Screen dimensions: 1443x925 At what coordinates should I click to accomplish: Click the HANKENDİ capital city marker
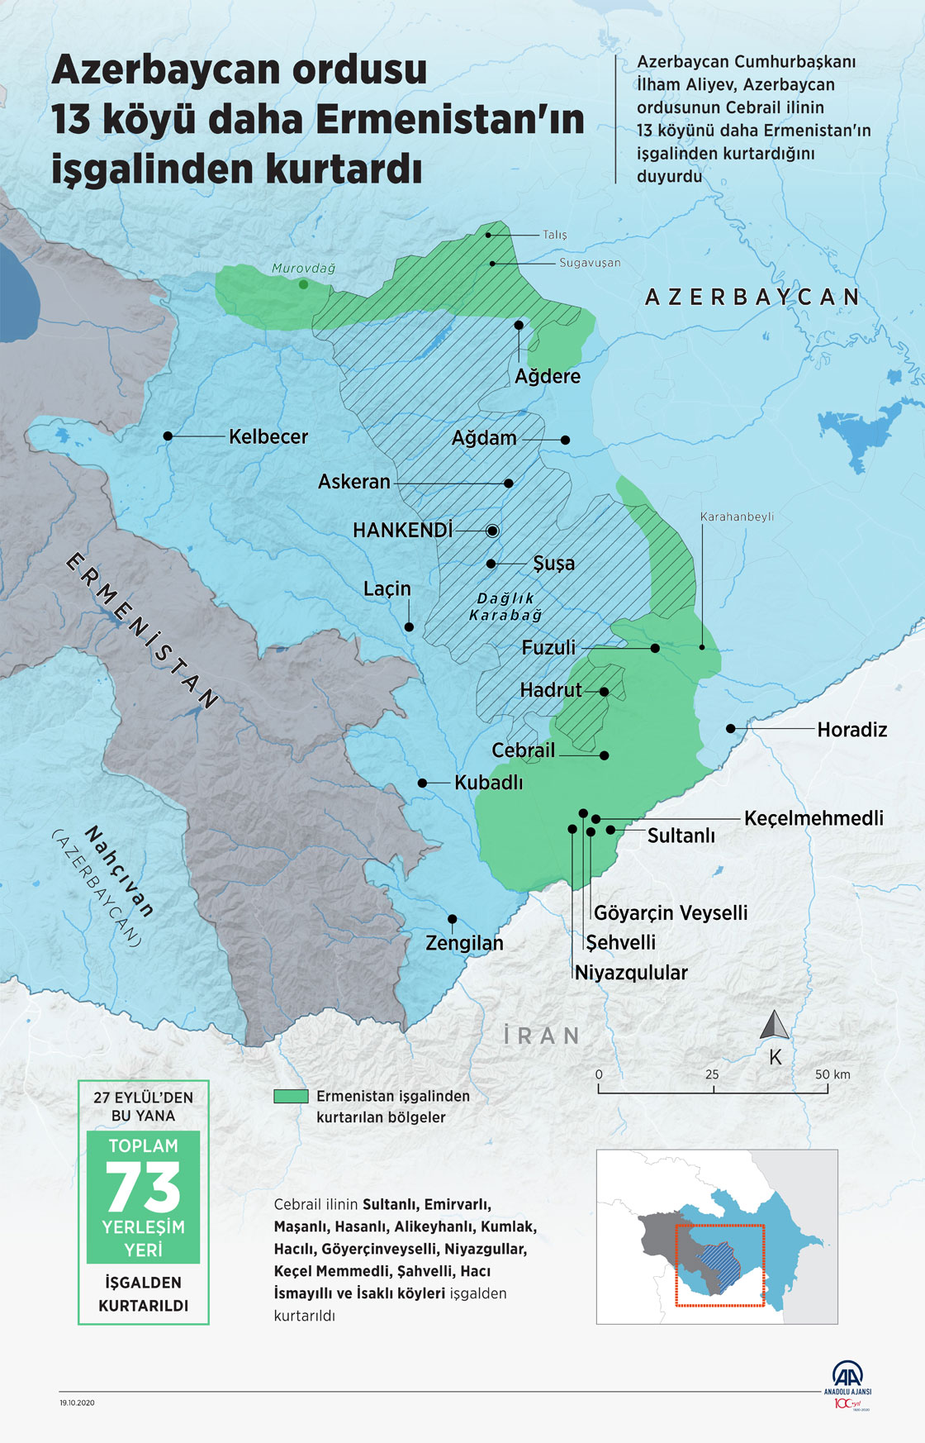click(493, 531)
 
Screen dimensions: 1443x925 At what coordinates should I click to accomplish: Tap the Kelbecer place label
click(268, 436)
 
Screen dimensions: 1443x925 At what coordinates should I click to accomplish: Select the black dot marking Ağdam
click(565, 441)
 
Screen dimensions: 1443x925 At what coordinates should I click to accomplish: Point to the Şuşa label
click(553, 564)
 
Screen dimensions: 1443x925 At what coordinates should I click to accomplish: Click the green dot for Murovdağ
click(303, 284)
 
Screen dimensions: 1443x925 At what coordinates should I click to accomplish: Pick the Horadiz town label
click(851, 730)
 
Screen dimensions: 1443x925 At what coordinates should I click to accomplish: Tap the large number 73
click(143, 1188)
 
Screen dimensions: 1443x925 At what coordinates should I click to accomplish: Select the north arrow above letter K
click(775, 1025)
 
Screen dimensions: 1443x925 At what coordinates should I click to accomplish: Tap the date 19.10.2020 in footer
click(77, 1403)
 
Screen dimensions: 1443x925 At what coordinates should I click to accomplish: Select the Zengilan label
click(464, 943)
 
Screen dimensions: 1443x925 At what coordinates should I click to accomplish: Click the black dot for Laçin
click(409, 627)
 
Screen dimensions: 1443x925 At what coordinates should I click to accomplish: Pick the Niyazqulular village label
click(631, 973)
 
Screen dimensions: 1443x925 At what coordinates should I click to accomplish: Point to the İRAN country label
click(542, 1036)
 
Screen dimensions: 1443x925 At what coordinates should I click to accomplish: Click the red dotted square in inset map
click(719, 1265)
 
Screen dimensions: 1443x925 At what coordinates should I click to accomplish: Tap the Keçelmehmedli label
click(814, 818)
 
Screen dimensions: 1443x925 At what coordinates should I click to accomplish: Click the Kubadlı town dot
click(422, 783)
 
